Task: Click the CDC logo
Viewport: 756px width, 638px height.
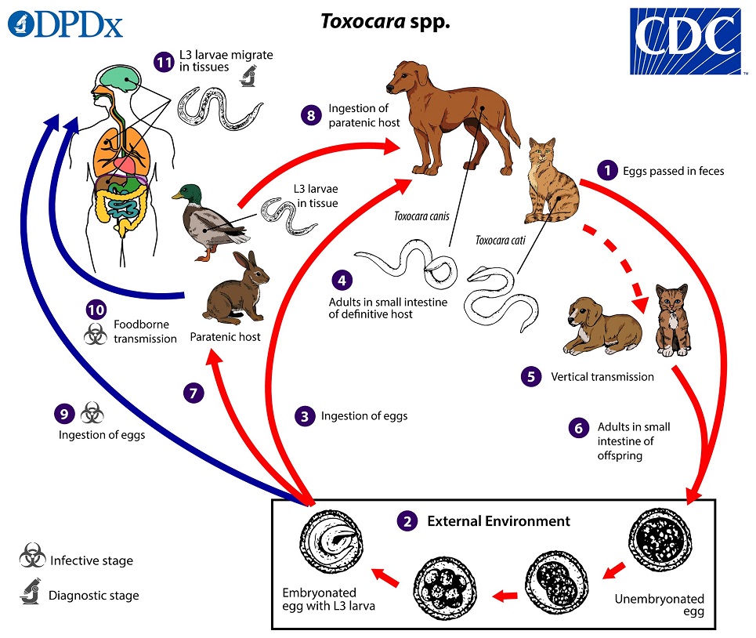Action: [x=685, y=41]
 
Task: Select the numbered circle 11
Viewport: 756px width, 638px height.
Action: [x=164, y=63]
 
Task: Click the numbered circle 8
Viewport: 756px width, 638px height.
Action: [x=310, y=115]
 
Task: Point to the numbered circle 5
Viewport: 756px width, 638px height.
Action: [x=531, y=376]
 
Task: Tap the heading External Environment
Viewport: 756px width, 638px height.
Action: [x=498, y=521]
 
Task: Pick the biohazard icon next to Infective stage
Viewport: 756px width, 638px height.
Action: [x=32, y=560]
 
